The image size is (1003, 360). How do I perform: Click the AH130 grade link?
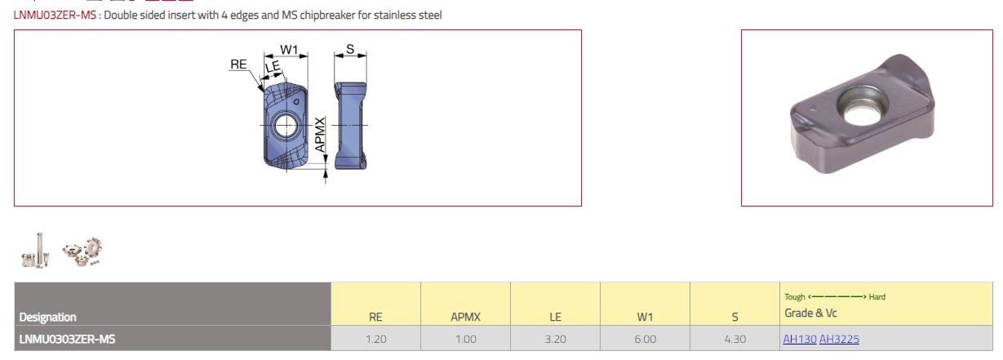[800, 339]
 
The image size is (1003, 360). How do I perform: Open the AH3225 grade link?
[839, 339]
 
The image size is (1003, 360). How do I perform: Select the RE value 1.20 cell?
[375, 339]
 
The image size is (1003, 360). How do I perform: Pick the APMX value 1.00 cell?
[466, 339]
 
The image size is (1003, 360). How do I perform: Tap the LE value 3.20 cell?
[555, 339]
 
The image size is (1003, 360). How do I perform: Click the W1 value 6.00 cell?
[646, 339]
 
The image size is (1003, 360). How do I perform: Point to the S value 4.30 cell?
[735, 339]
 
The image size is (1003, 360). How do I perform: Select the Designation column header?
[47, 317]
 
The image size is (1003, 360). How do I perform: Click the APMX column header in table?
[466, 317]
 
